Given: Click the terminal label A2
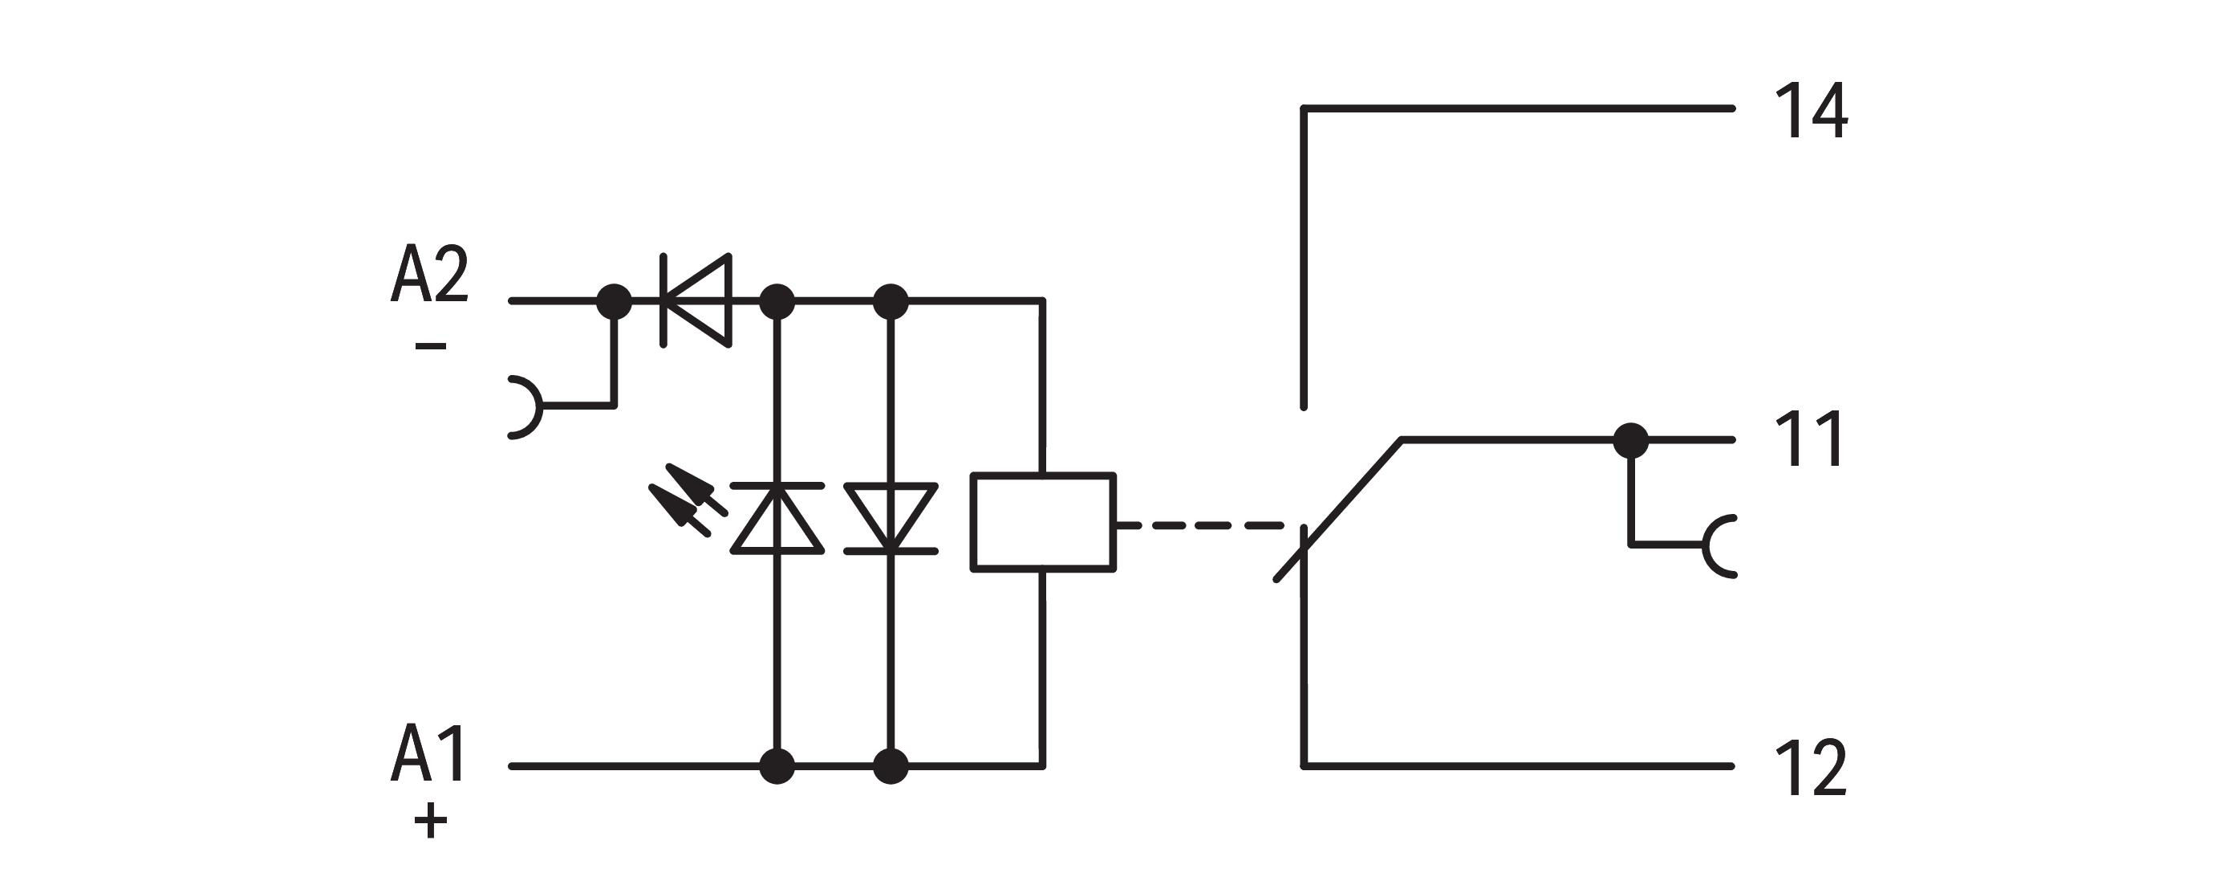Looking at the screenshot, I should [430, 275].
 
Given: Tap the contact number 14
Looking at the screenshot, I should [1810, 111].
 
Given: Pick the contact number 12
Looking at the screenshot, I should [1810, 768].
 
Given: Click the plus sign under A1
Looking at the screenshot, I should [431, 820].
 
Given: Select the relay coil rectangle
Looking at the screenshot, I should [1042, 522].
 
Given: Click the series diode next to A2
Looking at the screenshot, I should [696, 300].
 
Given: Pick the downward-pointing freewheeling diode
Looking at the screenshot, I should [890, 518].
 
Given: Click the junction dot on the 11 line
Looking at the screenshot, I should [1630, 440].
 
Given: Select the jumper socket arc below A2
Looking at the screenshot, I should [526, 406].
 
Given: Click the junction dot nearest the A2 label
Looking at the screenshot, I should [615, 301].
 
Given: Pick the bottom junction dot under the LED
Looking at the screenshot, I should [777, 766].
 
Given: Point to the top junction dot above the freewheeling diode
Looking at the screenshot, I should [890, 301].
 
